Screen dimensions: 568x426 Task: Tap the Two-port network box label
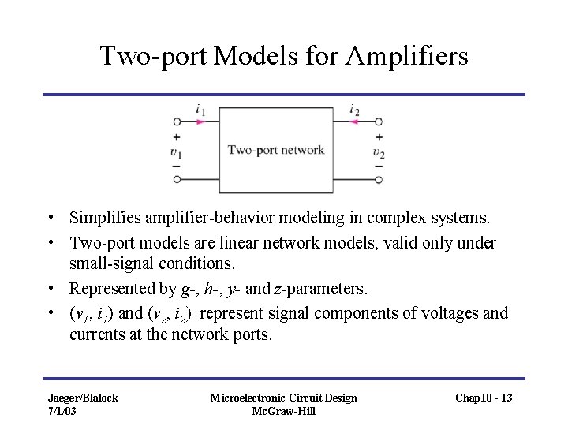(276, 150)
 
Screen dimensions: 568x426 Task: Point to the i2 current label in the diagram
(354, 110)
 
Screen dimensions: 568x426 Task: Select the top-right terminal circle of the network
(379, 122)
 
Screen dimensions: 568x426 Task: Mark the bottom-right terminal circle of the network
(379, 180)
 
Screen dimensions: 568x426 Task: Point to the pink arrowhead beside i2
(356, 122)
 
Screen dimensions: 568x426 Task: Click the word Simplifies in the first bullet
(101, 216)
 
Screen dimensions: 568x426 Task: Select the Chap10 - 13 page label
(483, 398)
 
